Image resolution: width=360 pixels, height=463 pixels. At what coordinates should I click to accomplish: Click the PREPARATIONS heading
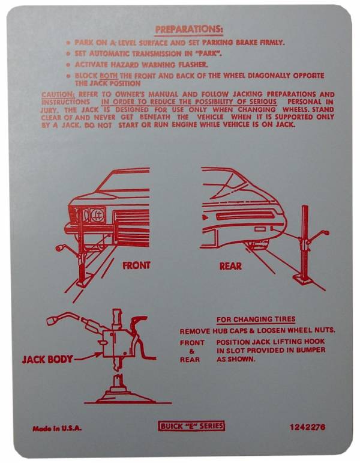189,29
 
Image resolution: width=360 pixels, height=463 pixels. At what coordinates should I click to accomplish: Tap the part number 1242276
307,427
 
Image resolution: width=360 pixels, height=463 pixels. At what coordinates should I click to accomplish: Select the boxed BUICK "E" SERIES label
191,426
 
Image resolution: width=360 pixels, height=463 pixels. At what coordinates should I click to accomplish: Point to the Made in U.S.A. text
57,428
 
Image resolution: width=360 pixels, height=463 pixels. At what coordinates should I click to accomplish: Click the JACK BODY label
47,359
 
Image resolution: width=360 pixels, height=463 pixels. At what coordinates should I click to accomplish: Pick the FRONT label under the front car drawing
136,265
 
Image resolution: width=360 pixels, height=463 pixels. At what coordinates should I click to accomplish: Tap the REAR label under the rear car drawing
230,266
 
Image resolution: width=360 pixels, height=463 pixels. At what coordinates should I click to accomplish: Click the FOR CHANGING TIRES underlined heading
256,319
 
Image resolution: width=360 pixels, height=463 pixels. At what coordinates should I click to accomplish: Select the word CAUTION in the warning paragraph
58,94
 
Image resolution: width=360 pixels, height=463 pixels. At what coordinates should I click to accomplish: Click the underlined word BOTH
109,76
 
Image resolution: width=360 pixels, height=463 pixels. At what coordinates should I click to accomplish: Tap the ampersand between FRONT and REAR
191,351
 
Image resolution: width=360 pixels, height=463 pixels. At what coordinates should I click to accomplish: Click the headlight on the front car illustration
97,214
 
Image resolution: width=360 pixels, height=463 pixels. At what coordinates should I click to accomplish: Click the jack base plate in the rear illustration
304,279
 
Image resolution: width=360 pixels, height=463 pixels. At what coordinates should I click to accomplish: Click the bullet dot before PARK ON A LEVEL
68,43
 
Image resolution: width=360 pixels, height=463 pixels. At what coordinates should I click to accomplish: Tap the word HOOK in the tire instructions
315,342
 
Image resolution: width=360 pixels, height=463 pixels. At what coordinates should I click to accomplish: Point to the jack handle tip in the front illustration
58,248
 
